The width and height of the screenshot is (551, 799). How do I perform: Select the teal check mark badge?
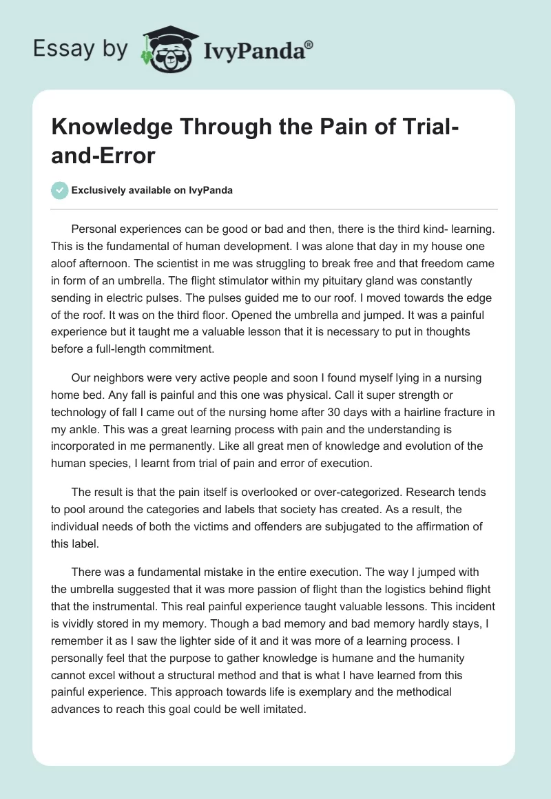pyautogui.click(x=61, y=191)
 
